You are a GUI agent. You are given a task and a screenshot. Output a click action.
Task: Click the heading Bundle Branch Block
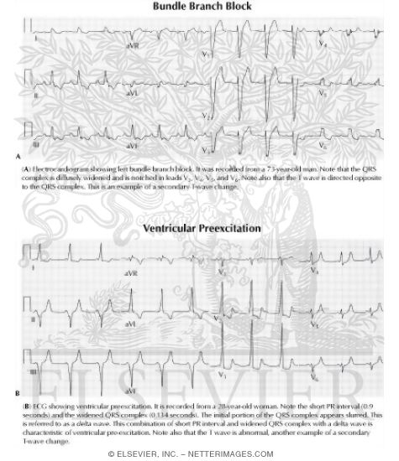pyautogui.click(x=198, y=8)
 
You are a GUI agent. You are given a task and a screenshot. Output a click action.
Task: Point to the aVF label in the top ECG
pyautogui.click(x=131, y=147)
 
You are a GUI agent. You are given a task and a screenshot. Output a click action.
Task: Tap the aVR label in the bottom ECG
pyautogui.click(x=131, y=273)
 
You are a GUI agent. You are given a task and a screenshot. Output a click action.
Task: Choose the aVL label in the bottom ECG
pyautogui.click(x=131, y=321)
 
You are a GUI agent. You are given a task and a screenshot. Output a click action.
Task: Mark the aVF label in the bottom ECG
pyautogui.click(x=131, y=391)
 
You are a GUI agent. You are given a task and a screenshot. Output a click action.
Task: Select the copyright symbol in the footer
pyautogui.click(x=113, y=453)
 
